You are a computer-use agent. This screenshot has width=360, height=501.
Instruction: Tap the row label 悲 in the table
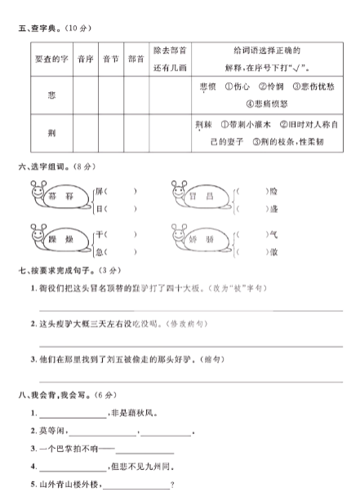click(51, 95)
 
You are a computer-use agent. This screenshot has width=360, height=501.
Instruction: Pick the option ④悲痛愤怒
click(268, 104)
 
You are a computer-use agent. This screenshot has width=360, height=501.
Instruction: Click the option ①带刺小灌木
click(247, 125)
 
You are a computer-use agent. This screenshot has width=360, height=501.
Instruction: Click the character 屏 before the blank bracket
click(100, 191)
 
